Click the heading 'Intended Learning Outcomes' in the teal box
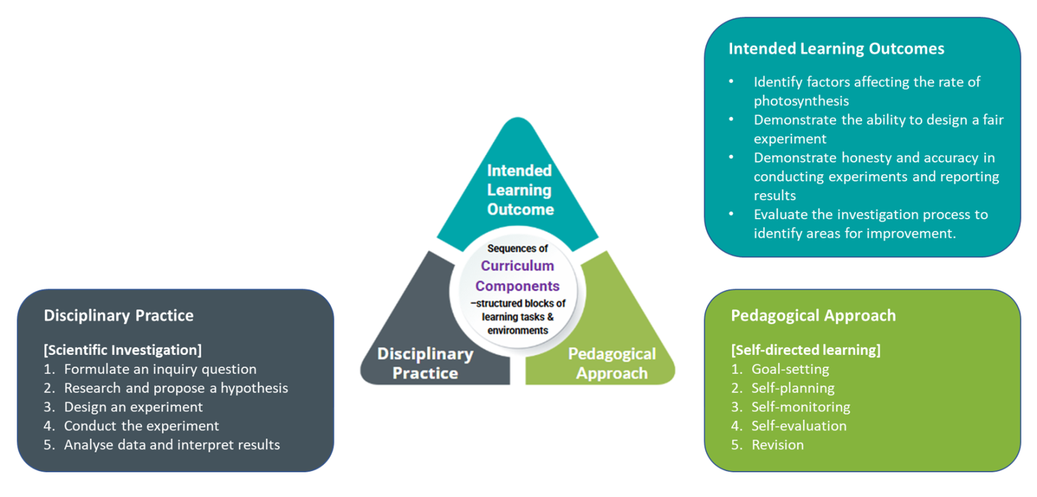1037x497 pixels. click(836, 49)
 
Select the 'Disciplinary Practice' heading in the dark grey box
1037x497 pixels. click(119, 315)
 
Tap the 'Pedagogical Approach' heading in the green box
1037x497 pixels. click(813, 315)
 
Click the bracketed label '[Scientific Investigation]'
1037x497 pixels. click(122, 350)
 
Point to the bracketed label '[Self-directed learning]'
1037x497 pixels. click(806, 350)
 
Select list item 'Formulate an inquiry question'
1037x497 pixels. click(160, 369)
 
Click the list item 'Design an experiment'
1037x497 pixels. click(133, 407)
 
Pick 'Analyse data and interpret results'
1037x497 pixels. click(172, 445)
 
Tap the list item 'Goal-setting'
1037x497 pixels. click(790, 369)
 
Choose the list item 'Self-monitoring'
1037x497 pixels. click(801, 407)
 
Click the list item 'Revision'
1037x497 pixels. click(777, 445)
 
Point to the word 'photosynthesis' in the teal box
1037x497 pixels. click(801, 101)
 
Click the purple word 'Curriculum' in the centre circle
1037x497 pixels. click(517, 265)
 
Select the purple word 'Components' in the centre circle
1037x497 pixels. click(517, 286)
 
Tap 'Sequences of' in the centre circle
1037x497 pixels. click(517, 248)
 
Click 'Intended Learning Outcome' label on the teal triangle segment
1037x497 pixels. click(519, 190)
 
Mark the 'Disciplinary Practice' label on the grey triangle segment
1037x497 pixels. click(425, 363)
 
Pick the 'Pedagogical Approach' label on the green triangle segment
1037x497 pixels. click(612, 363)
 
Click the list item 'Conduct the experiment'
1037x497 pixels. click(141, 426)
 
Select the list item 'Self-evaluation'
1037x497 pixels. click(799, 426)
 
